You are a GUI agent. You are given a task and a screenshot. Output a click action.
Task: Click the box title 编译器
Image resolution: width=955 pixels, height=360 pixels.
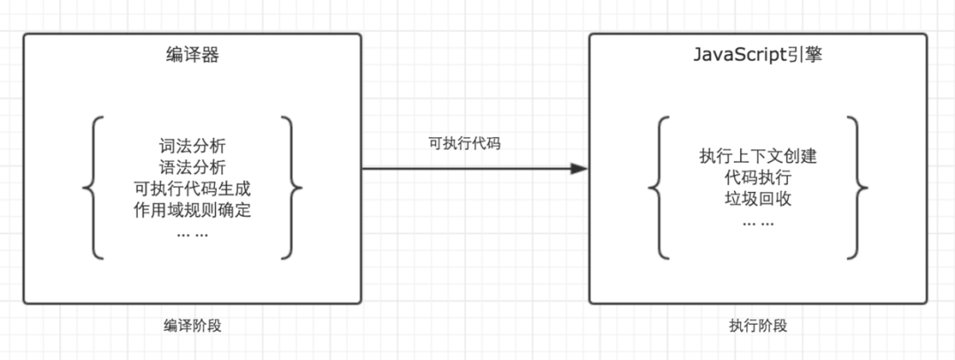click(x=192, y=56)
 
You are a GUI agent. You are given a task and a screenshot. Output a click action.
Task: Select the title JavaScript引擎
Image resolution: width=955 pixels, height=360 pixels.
click(x=758, y=56)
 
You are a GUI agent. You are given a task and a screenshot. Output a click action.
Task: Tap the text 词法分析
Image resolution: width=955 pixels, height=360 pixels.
click(x=192, y=146)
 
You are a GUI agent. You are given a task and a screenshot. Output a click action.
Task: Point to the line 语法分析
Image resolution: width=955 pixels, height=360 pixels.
click(x=192, y=167)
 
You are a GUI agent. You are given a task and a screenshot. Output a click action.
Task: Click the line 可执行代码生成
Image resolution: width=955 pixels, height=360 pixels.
click(x=192, y=188)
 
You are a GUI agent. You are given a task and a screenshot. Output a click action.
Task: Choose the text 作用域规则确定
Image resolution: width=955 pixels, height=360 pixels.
click(x=192, y=210)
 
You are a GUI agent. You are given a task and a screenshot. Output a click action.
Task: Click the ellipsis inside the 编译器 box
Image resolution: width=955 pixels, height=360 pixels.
click(x=192, y=233)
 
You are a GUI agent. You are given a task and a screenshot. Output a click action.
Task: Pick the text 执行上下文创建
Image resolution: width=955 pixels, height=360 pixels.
click(x=758, y=157)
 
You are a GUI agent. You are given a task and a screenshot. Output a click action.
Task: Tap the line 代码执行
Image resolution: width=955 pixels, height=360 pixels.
click(x=758, y=178)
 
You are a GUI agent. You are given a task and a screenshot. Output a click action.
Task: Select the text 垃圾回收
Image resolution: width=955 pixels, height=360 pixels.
click(x=758, y=199)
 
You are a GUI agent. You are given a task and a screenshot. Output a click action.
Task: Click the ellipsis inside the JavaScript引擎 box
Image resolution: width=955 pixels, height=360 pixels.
click(x=758, y=222)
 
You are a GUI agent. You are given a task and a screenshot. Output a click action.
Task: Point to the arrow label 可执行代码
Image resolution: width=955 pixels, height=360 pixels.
click(x=464, y=144)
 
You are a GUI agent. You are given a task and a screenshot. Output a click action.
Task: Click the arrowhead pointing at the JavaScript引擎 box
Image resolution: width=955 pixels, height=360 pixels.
click(x=579, y=168)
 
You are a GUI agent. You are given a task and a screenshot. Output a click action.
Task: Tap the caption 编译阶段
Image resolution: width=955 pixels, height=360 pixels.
click(x=192, y=325)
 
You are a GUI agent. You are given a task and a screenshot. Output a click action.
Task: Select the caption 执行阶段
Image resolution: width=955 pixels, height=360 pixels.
click(x=758, y=325)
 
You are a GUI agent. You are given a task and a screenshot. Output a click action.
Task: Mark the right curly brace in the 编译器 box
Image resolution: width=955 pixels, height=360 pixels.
click(x=293, y=188)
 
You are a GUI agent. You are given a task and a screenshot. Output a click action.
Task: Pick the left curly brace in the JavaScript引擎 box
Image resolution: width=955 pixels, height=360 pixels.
click(x=659, y=188)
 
